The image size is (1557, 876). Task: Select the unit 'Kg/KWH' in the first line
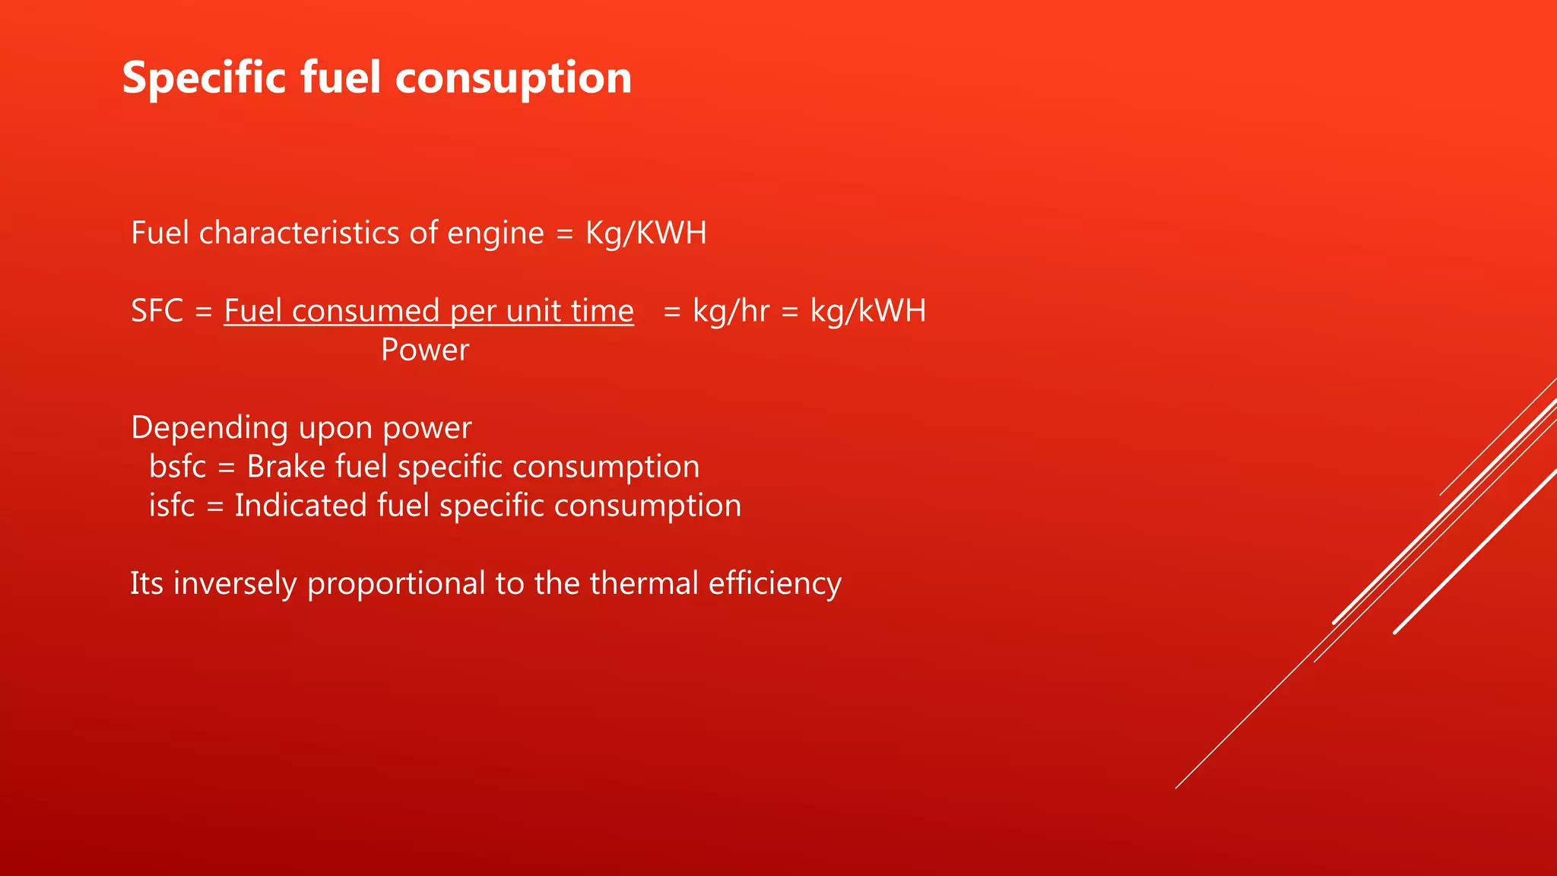[645, 233]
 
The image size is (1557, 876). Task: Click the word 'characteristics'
[299, 233]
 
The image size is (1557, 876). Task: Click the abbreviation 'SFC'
[157, 311]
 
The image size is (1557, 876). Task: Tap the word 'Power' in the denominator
[425, 351]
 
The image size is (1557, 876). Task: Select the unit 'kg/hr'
[731, 311]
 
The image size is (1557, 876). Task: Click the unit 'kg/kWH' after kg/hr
[867, 311]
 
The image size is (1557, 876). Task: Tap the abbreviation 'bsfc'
[177, 467]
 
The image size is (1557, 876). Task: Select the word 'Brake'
[286, 467]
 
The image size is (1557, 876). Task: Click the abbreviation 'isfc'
[172, 506]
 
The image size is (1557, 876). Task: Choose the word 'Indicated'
[300, 506]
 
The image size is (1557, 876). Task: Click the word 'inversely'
[235, 584]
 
